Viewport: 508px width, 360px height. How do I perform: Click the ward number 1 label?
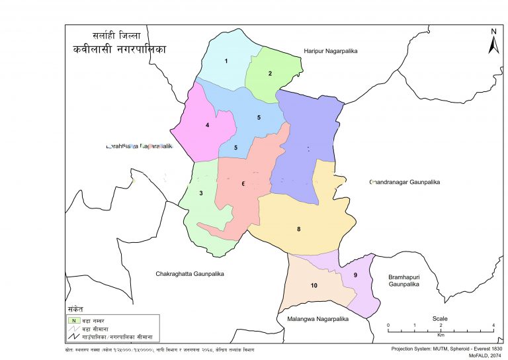[226, 62]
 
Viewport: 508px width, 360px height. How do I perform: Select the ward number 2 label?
[270, 73]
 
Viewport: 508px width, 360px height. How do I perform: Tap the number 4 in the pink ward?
[207, 125]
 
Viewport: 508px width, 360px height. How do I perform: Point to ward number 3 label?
[201, 193]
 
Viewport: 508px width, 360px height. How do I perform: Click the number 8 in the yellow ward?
[299, 230]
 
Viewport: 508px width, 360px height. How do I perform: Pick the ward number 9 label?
[355, 275]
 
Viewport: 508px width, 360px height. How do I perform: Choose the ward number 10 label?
[314, 285]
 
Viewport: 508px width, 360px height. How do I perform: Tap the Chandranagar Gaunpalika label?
[405, 181]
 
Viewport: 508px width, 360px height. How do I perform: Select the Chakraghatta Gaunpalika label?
[190, 273]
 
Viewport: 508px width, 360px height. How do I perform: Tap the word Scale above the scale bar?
[440, 318]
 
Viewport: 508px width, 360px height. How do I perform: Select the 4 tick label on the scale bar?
[493, 326]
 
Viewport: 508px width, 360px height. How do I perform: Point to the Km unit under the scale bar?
[441, 336]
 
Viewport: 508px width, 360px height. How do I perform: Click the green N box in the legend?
[76, 320]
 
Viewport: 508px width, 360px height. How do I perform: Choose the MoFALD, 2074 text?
[487, 355]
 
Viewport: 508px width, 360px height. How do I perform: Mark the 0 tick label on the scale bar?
[388, 326]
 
